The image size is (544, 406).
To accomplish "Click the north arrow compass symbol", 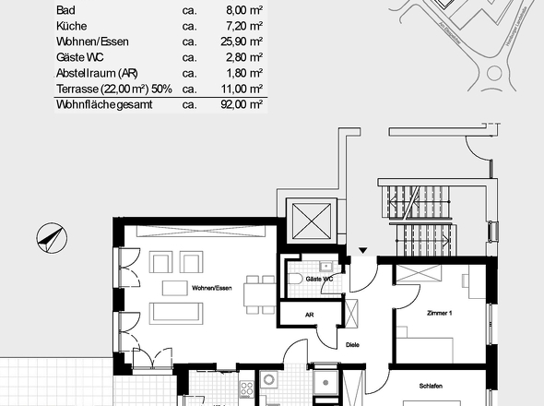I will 48,239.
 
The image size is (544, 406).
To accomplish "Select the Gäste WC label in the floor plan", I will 319,278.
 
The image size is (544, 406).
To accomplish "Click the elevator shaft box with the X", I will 312,221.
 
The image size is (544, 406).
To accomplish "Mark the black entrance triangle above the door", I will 363,249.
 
